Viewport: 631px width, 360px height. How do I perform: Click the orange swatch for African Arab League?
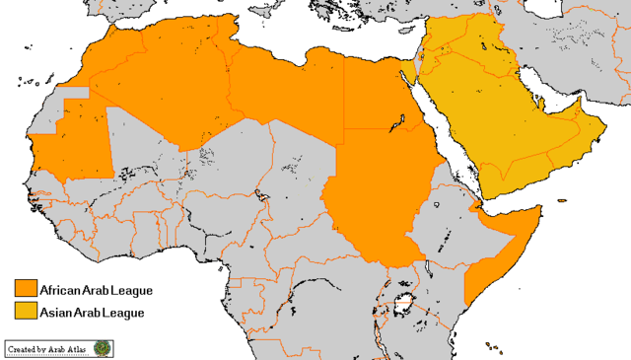pos(26,289)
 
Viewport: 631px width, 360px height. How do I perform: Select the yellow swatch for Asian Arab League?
pos(26,312)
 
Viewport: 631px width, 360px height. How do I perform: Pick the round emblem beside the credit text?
pos(104,348)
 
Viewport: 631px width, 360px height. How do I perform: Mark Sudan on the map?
pos(380,197)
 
